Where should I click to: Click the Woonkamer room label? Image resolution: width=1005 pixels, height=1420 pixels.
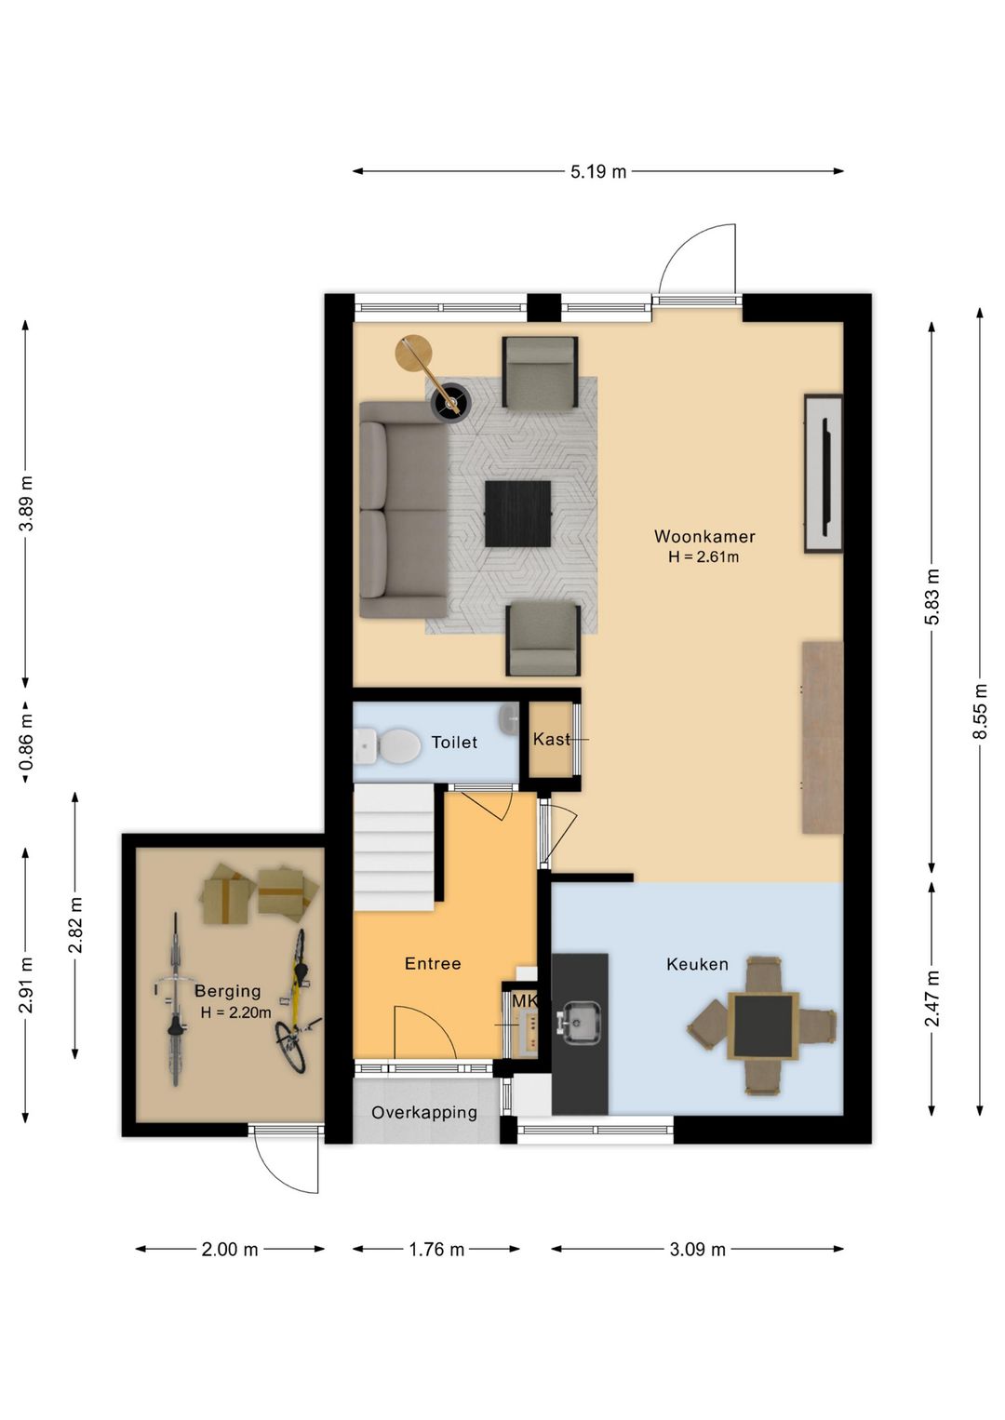click(703, 536)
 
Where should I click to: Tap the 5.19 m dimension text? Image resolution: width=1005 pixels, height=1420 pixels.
click(598, 171)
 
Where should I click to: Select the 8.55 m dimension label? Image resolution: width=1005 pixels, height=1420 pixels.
click(980, 711)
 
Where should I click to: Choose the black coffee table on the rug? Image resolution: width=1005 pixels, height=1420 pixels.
click(517, 514)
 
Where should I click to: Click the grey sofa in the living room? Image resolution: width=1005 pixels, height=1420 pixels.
click(403, 510)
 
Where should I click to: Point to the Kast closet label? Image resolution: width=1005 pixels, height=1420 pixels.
click(551, 739)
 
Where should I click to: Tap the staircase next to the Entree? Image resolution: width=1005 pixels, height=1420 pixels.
click(394, 848)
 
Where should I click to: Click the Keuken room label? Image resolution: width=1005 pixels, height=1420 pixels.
click(697, 964)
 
